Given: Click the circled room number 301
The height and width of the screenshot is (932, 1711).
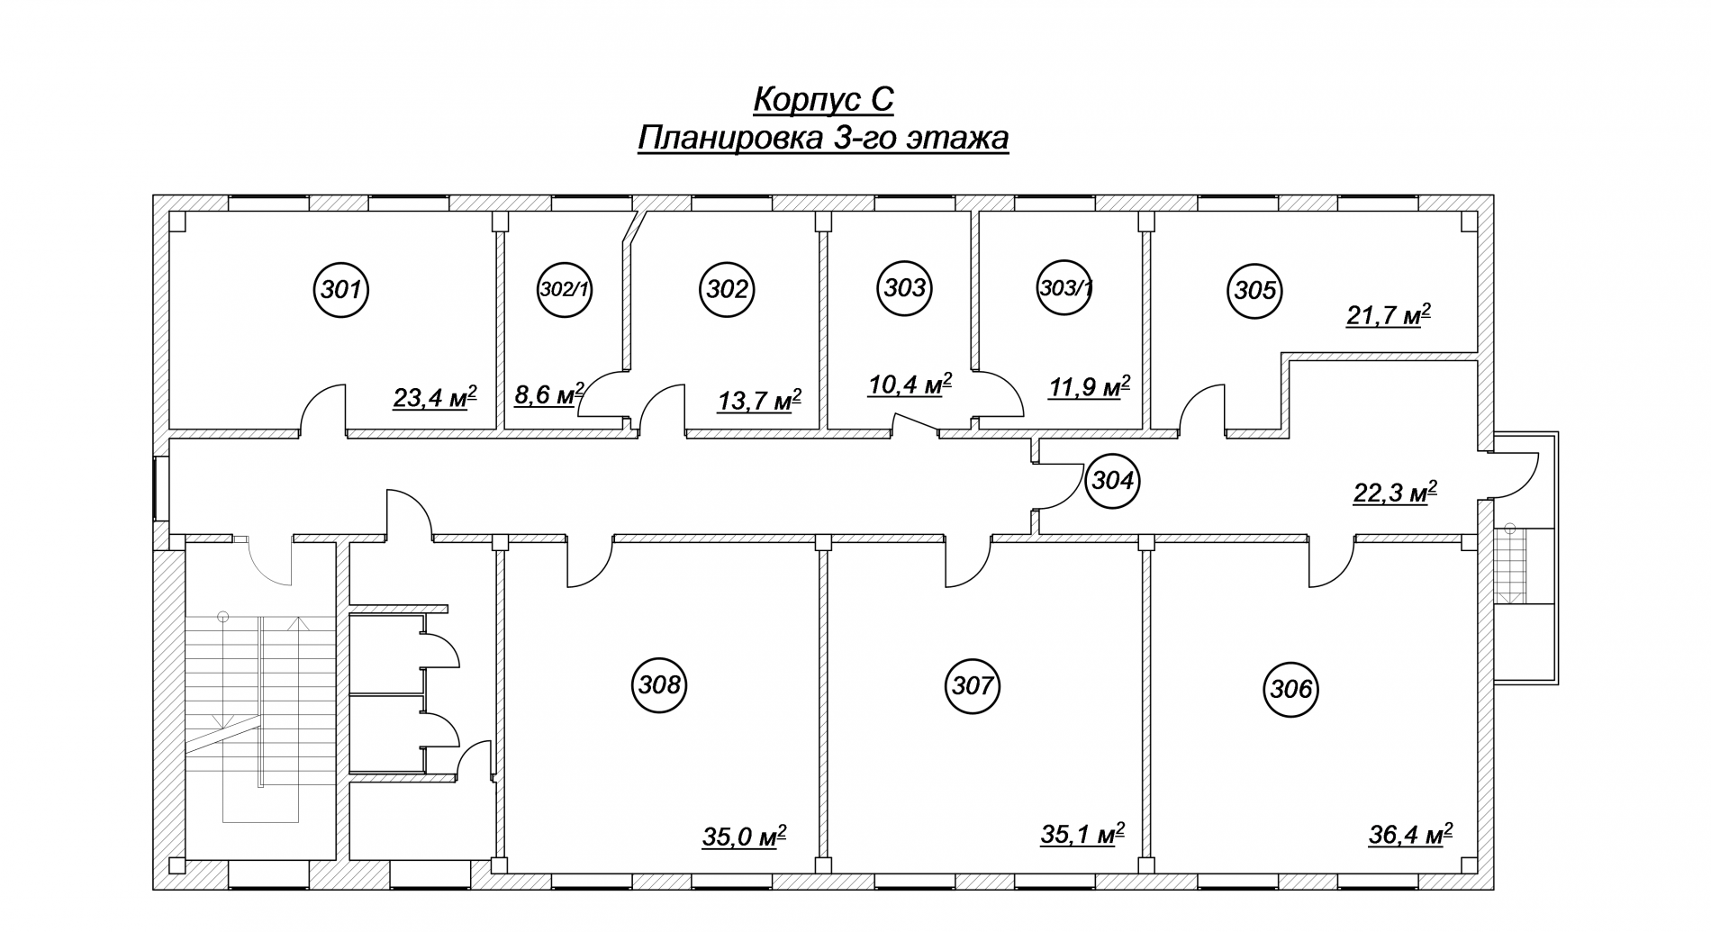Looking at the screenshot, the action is (x=341, y=290).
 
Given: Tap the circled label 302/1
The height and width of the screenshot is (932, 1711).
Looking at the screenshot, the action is (x=564, y=290).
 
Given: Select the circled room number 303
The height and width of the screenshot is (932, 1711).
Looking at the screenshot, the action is (x=904, y=288).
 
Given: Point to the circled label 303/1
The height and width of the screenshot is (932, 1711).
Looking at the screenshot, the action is (x=1065, y=288).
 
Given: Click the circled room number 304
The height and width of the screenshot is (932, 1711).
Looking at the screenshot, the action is (x=1112, y=481).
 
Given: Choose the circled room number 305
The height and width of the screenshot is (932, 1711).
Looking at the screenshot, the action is (x=1255, y=290).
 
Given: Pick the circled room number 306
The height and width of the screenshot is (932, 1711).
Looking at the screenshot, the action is (x=1291, y=690).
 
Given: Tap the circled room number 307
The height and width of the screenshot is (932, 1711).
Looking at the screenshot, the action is (x=973, y=686).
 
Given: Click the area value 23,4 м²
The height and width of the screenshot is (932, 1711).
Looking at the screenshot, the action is (x=435, y=397).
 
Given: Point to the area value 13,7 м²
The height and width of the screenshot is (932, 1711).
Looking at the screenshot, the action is (x=759, y=400).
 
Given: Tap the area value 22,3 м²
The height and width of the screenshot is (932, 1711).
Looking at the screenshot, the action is (x=1395, y=493).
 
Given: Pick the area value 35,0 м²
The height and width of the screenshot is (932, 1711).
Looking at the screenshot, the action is (x=745, y=837).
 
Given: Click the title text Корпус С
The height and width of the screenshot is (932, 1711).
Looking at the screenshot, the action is (x=823, y=99).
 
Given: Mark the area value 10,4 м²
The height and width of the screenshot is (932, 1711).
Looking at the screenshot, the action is (x=910, y=385).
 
